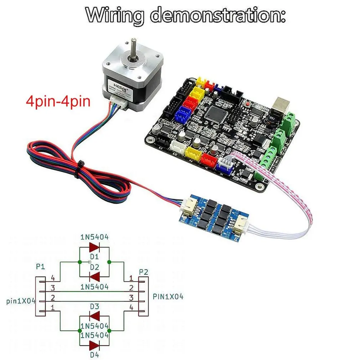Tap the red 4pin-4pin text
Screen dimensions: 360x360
(x=58, y=101)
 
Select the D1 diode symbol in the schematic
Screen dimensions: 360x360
(x=94, y=247)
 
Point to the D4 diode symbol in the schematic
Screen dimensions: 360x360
(x=94, y=345)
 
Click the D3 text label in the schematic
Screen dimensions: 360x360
(x=94, y=306)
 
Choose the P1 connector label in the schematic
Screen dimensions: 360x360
(x=41, y=267)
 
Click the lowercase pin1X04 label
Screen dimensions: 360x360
(x=21, y=301)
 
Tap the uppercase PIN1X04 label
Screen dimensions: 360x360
(x=168, y=296)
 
